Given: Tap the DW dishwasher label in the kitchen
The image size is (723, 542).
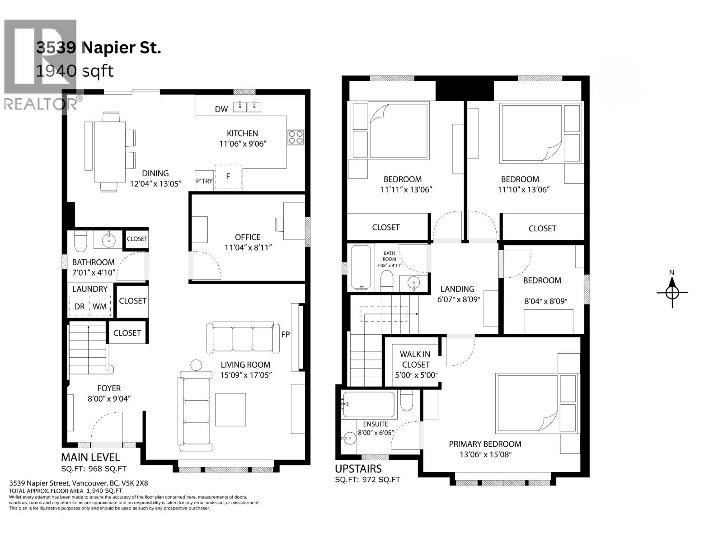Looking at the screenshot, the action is coord(221,109).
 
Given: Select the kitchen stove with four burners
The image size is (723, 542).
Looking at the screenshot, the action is coord(296,137).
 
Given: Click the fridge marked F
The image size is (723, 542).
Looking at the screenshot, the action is coord(228,177).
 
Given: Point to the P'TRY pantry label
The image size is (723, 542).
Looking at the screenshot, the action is coord(204,181).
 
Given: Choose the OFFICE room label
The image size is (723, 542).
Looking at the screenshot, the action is coord(248,237).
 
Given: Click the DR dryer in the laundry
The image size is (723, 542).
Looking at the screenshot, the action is coord(80,306).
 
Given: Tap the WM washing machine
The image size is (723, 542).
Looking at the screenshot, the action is coord(100,306).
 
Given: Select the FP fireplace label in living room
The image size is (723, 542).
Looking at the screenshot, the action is coord(285,335).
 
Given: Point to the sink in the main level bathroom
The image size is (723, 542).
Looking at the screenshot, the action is coord(108,240).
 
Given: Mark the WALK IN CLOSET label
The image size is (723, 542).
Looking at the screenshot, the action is coord(415,360).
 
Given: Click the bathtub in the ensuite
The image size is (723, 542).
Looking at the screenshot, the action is coord(368,404).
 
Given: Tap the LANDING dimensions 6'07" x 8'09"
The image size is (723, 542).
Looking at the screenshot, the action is coord(459,299).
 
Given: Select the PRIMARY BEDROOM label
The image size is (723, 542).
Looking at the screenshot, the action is coord(485,444).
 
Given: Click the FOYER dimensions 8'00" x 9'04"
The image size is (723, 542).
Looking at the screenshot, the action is coord(109,399).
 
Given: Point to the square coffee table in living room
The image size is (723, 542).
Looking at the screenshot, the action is coord(230,410).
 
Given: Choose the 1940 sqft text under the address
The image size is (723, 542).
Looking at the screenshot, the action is coord(75,71).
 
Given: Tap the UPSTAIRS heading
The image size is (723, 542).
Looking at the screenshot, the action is coord(358,469).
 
